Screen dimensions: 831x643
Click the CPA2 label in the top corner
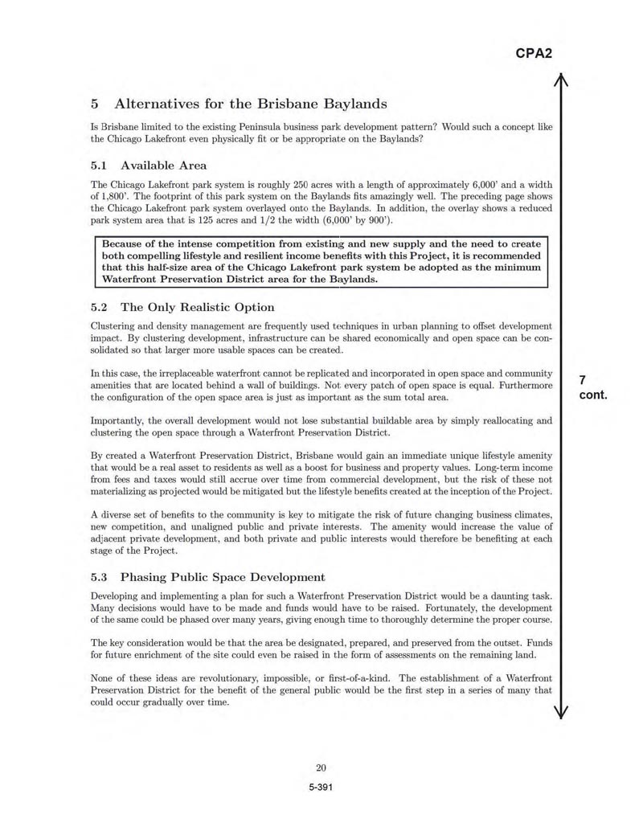pyautogui.click(x=533, y=54)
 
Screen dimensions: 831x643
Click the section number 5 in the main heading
pyautogui.click(x=95, y=104)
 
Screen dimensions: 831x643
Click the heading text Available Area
pyautogui.click(x=163, y=166)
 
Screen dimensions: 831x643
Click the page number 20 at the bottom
pyautogui.click(x=321, y=767)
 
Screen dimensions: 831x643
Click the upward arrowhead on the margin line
pyautogui.click(x=562, y=79)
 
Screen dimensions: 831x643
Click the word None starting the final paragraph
pyautogui.click(x=104, y=677)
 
